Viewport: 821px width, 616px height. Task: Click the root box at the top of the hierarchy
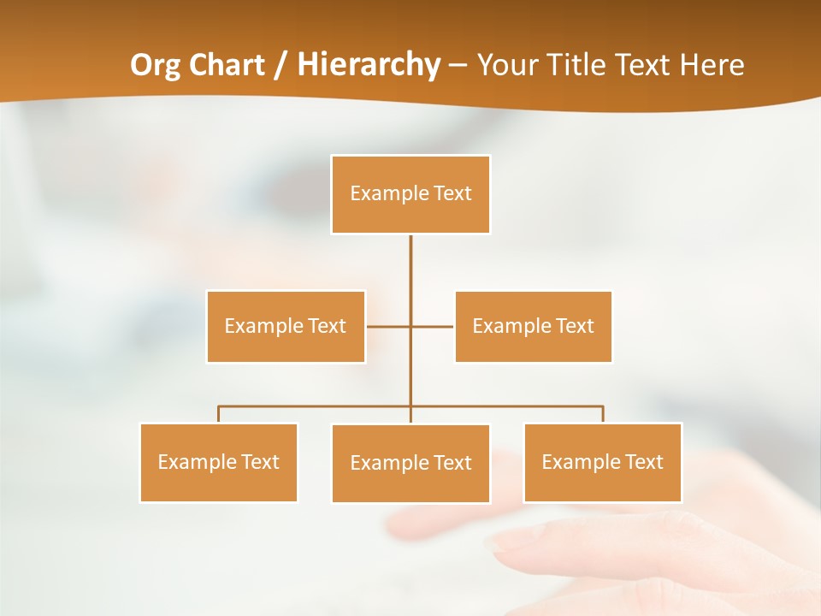pyautogui.click(x=410, y=194)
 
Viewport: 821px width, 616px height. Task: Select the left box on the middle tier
pyautogui.click(x=286, y=327)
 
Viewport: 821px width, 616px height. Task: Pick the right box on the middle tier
pyautogui.click(x=533, y=327)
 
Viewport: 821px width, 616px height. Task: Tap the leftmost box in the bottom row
pyautogui.click(x=218, y=463)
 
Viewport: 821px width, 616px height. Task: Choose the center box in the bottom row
pyautogui.click(x=410, y=464)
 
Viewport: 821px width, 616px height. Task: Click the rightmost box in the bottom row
pyautogui.click(x=602, y=463)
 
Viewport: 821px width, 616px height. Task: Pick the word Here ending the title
pyautogui.click(x=712, y=65)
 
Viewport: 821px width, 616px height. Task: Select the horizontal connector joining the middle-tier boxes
pyautogui.click(x=389, y=326)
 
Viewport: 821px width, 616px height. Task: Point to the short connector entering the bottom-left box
pyautogui.click(x=219, y=415)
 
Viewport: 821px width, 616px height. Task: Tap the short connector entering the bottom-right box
pyautogui.click(x=603, y=415)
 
